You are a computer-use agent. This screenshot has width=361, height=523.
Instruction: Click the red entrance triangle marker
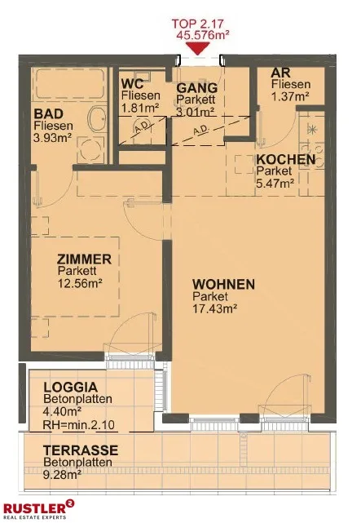pos(198,47)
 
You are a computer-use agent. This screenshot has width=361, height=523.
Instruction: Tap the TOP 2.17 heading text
pos(198,24)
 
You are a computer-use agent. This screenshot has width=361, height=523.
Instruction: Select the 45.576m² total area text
pos(203,35)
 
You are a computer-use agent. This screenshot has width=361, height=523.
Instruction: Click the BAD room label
pos(49,113)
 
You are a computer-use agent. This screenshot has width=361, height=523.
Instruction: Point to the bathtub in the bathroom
pos(70,83)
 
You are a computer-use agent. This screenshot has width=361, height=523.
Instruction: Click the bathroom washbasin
pos(98,118)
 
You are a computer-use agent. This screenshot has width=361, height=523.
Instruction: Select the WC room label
pos(133,82)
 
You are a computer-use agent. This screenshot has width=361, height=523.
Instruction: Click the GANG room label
pos(197,88)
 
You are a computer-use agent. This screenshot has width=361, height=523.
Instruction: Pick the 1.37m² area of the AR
pos(290,97)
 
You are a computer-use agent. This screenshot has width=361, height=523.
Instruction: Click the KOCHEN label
pos(286,159)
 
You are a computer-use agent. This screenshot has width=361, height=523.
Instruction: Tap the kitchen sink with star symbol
pos(312,128)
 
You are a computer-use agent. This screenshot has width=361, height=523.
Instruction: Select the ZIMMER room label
pos(84,259)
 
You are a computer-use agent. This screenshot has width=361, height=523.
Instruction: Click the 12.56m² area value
pos(80,283)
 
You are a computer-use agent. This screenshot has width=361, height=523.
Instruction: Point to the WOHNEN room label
pos(223,284)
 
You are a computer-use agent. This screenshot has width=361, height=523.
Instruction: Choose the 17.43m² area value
pos(215,308)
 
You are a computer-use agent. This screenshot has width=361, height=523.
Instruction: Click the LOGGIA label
pos(71,388)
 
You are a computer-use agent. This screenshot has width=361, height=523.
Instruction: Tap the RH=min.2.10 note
pos(79,424)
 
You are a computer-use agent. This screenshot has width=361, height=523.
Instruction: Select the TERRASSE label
pos(81,450)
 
